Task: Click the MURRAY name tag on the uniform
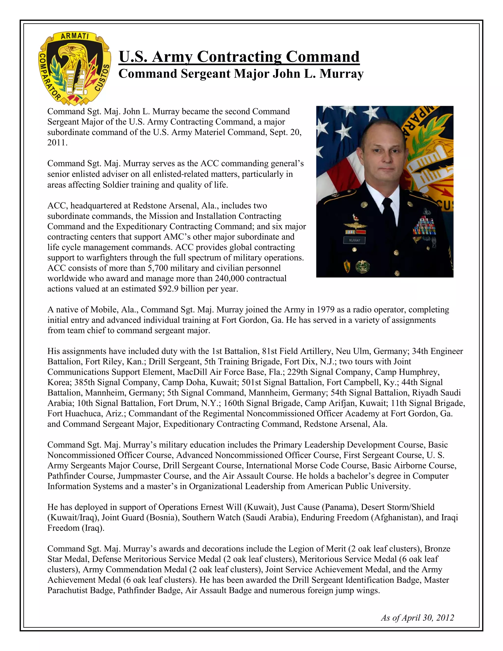tap(354, 240)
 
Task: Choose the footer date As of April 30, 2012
tap(417, 618)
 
